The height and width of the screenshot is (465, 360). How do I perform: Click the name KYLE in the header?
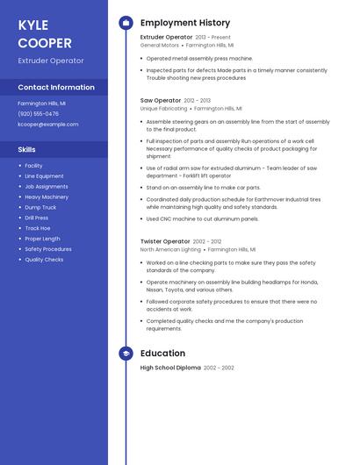(32, 25)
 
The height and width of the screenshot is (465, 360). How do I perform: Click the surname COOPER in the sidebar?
(45, 43)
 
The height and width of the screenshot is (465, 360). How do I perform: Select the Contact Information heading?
(56, 87)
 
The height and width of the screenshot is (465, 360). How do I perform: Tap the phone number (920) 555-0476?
(38, 113)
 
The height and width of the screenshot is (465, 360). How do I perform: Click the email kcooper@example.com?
(47, 124)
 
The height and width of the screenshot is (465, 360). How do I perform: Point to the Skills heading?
(26, 149)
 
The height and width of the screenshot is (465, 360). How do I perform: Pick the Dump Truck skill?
(40, 207)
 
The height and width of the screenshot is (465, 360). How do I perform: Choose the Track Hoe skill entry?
(38, 228)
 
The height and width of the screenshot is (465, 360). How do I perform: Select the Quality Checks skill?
(44, 260)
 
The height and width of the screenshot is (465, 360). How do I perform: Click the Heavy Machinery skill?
(47, 197)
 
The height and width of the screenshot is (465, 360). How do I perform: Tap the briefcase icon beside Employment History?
(126, 23)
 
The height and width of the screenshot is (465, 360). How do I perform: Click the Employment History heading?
(185, 23)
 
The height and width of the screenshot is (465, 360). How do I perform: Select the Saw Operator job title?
(160, 101)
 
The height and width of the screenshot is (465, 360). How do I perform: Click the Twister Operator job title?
(165, 241)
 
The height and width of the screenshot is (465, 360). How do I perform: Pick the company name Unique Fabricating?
(163, 109)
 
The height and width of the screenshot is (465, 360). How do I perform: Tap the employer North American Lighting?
(170, 249)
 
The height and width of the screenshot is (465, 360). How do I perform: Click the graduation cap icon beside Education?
(126, 354)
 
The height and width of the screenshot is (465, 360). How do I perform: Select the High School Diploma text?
(170, 368)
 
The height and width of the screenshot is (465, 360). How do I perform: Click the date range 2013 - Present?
(212, 38)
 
